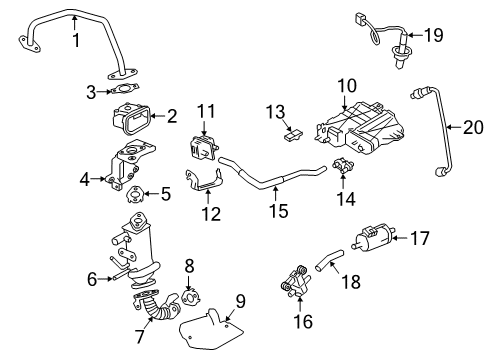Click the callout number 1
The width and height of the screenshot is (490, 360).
pyautogui.click(x=74, y=41)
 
